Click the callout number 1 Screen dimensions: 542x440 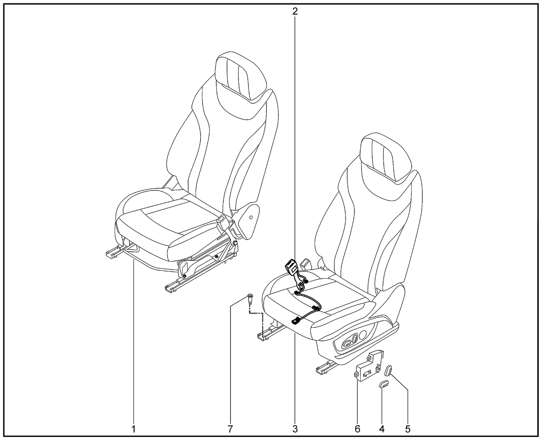click(133, 429)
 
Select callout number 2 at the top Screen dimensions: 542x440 click(295, 11)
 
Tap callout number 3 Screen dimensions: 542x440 click(295, 429)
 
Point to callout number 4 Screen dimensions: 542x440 click(382, 429)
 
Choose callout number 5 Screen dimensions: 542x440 click(408, 429)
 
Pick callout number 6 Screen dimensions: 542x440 click(357, 429)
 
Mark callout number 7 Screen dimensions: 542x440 click(230, 429)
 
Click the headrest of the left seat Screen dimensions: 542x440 click(241, 76)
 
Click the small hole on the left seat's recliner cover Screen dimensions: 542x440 click(251, 217)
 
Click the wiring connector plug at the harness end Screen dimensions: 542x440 click(296, 321)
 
